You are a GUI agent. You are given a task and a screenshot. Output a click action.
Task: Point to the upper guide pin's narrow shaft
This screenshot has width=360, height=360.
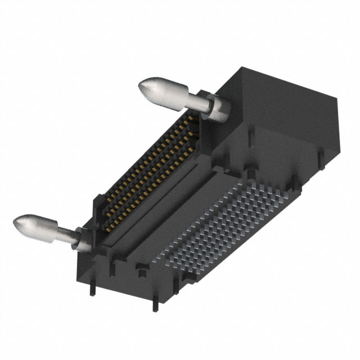click(195, 102)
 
